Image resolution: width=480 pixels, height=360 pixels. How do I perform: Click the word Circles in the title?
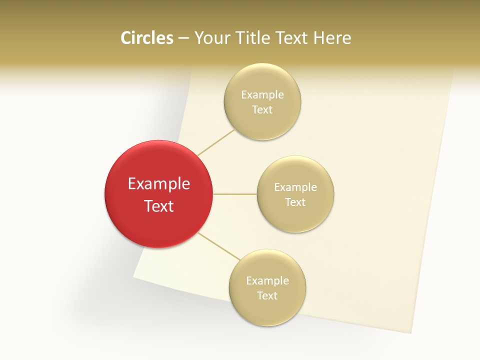pos(146,38)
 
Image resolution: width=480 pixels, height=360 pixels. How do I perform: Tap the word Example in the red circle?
pos(159,184)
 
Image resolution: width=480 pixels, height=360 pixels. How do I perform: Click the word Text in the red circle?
pos(159,206)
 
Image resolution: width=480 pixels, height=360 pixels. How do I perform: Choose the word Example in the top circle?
pos(262,95)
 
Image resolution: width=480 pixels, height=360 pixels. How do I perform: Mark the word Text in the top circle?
pos(262,110)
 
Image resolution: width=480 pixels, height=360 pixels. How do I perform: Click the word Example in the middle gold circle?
pos(295,187)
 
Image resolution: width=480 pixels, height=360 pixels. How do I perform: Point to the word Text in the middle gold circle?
pos(295,202)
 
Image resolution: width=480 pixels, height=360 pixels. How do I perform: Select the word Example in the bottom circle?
pos(267,281)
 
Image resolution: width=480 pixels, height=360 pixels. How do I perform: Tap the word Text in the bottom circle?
pos(267,296)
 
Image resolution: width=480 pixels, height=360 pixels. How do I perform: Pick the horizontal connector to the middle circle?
pos(234,193)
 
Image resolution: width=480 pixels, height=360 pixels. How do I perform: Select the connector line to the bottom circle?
pos(219,245)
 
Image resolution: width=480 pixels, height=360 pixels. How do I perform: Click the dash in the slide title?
pos(183,38)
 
